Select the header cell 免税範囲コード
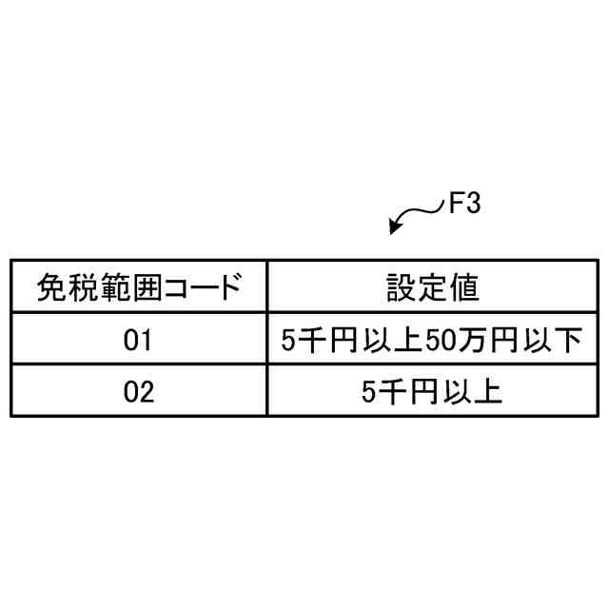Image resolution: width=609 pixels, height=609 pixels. click(138, 286)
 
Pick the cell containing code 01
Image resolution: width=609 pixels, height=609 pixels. click(138, 340)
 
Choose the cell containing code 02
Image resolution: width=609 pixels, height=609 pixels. click(138, 392)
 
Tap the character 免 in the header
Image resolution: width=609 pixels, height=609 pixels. click(51, 286)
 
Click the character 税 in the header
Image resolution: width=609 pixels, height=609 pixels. click(82, 286)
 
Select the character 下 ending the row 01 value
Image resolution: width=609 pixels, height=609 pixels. click(566, 340)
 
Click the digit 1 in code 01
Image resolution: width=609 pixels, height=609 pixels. click(146, 340)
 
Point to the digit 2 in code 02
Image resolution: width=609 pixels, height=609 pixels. click(146, 392)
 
